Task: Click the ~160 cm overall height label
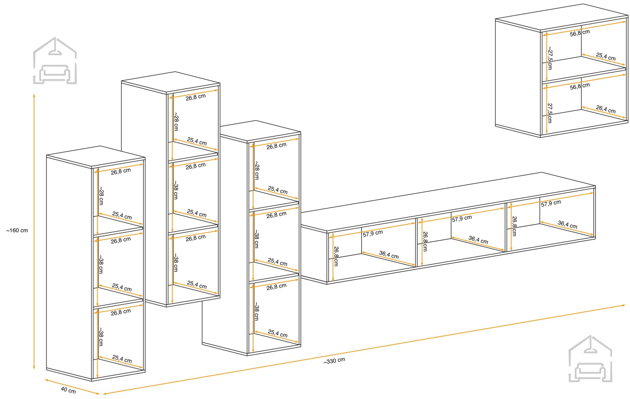(x=17, y=231)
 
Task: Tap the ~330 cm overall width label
(x=334, y=361)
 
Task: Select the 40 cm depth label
(x=68, y=390)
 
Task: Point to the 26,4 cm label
(x=605, y=109)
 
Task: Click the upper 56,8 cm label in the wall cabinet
(x=580, y=33)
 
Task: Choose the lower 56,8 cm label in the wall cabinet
(x=580, y=86)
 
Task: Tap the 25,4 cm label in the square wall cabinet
(x=605, y=56)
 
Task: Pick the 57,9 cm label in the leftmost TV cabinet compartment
(x=373, y=233)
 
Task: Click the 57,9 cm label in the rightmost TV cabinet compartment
(x=551, y=203)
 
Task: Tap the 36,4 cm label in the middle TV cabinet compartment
(x=478, y=239)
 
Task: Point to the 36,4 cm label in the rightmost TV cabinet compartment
(x=567, y=224)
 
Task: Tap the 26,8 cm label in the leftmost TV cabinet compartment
(x=336, y=256)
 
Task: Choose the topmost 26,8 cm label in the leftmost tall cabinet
(x=121, y=171)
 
